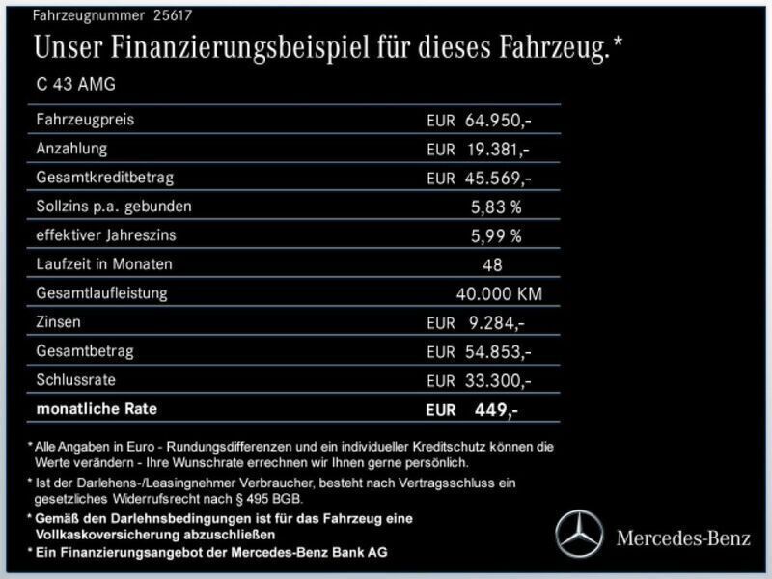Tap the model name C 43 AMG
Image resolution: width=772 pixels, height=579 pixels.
(75, 85)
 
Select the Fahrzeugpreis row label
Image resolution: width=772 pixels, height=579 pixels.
(85, 120)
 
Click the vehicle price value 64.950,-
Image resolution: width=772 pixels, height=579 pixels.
(497, 121)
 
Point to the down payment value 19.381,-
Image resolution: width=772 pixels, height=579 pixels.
(497, 150)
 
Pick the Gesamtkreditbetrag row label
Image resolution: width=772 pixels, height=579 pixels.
(104, 178)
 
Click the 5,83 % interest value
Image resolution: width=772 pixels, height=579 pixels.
(496, 207)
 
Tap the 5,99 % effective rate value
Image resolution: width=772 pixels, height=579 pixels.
(496, 235)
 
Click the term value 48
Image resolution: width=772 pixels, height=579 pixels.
(492, 264)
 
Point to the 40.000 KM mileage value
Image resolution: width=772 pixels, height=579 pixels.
(506, 293)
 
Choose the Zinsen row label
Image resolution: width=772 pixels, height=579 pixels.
(58, 321)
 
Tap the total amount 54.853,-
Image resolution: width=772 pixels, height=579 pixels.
(497, 351)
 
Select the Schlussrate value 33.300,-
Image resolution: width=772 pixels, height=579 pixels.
(497, 380)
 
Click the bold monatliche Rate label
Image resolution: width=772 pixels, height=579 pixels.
(96, 408)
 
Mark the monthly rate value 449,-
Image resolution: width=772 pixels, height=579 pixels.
(496, 409)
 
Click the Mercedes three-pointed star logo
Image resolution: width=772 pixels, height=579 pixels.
(578, 534)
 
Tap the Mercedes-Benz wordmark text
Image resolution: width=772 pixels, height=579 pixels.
(683, 538)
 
